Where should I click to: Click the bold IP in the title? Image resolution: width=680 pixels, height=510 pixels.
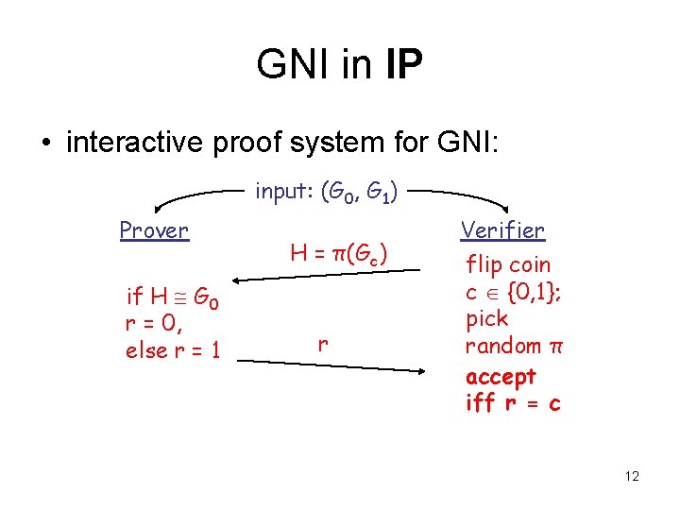[402, 64]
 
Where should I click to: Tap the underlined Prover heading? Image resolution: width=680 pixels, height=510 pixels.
[154, 230]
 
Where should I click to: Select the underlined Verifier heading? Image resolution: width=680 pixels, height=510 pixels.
[502, 230]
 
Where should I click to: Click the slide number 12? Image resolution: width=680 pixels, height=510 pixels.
[632, 476]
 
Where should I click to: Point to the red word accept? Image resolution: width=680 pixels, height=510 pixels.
[501, 376]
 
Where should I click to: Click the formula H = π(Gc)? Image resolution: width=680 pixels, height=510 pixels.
[339, 253]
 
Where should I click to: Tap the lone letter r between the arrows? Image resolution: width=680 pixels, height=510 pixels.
[323, 345]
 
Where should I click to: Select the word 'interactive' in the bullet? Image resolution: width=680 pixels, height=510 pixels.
[131, 143]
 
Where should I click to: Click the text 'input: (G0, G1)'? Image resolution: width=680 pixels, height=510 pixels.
[327, 194]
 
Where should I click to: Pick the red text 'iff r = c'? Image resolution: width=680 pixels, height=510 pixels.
[513, 403]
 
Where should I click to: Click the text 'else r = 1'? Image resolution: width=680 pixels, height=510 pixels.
[173, 351]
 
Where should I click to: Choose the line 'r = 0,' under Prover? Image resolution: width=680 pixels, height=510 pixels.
[153, 324]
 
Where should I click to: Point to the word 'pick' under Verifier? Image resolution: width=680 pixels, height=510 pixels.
[487, 319]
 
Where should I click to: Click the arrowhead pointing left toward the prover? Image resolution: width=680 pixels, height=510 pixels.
[241, 280]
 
